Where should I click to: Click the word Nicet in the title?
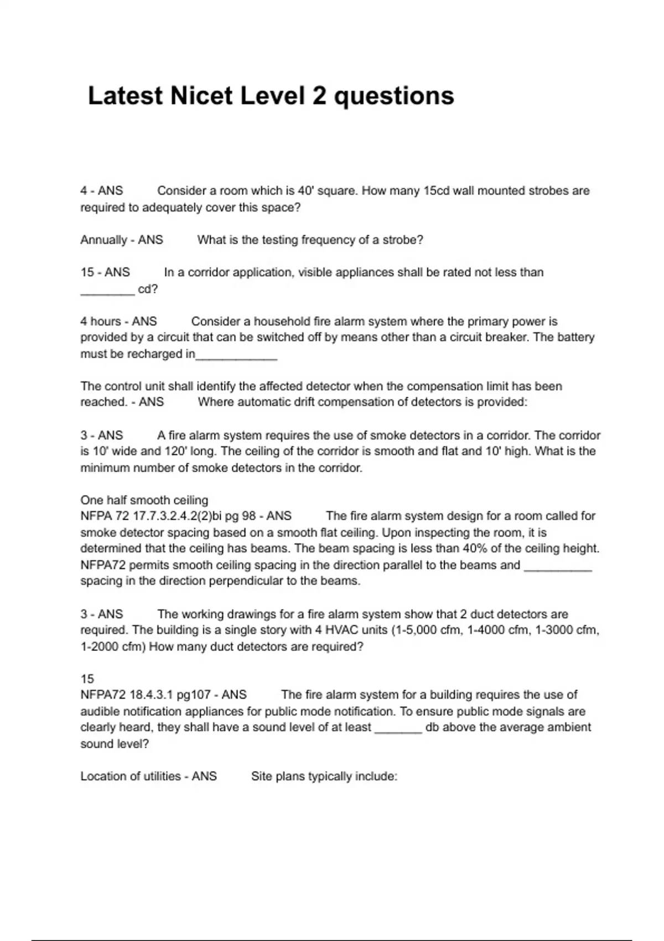click(x=201, y=96)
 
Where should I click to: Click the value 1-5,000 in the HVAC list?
click(x=416, y=630)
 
